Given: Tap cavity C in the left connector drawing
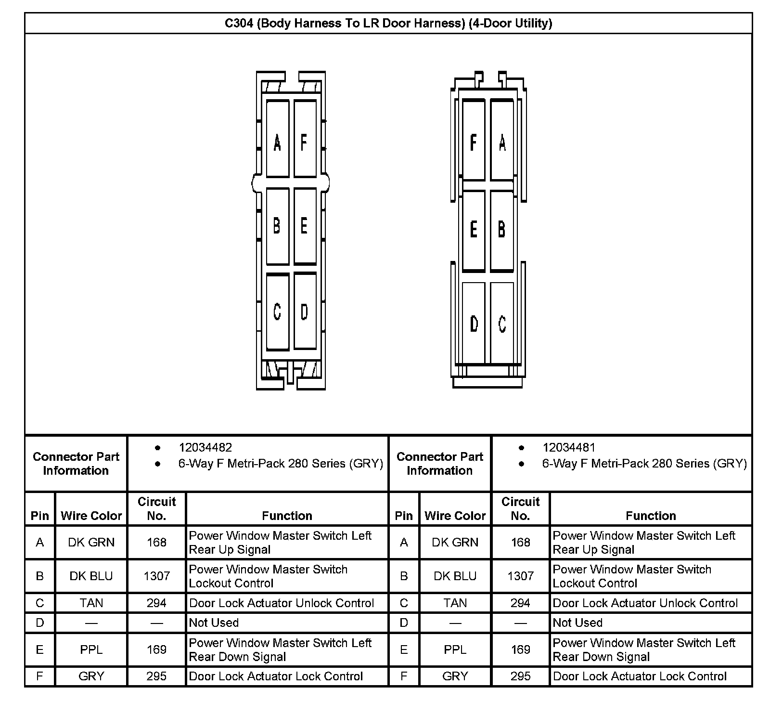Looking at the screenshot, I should (x=277, y=312).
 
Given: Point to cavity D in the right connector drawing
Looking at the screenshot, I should (x=474, y=323).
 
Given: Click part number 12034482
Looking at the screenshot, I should (x=205, y=448).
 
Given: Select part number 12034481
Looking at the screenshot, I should (x=569, y=448).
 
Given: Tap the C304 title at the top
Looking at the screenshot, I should (x=388, y=23).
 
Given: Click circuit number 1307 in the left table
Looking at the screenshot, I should (x=157, y=576).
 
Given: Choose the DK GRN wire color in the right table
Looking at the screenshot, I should (x=455, y=542).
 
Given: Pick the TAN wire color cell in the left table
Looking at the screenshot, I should (x=91, y=603).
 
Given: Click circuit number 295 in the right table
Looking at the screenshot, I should (x=520, y=676).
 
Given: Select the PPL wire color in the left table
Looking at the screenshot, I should (x=91, y=649).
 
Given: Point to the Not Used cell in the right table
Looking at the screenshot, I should (x=577, y=623).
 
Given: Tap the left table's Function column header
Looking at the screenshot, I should (x=287, y=516).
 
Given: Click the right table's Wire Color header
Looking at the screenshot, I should (x=455, y=516).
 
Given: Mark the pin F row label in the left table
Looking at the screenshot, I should (x=40, y=676).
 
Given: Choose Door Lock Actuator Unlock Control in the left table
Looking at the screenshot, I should (x=282, y=603).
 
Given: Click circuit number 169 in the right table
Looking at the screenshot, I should (x=520, y=649).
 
